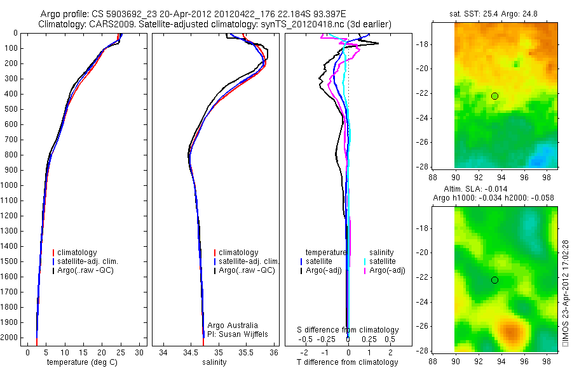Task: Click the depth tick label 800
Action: [x=11, y=155]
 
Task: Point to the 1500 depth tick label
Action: [x=10, y=261]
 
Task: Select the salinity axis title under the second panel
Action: [x=214, y=362]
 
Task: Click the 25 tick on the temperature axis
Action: [x=121, y=352]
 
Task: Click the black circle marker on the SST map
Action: [x=494, y=96]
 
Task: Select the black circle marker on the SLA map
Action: [x=494, y=280]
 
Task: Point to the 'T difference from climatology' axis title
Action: [x=348, y=362]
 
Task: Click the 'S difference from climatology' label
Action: [x=348, y=330]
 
